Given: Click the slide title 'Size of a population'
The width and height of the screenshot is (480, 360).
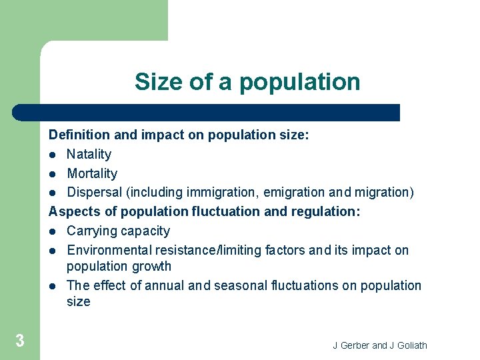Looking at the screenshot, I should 247,82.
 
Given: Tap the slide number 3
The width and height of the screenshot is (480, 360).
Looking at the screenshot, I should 20,341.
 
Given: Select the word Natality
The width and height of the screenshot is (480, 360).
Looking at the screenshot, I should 89,154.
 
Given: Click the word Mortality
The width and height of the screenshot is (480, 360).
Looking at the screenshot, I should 92,173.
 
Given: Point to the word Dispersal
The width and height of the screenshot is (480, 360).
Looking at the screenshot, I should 93,193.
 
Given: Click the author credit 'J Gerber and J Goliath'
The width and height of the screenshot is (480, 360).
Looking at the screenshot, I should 380,345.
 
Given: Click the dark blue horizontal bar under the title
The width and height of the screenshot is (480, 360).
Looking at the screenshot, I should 207,113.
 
